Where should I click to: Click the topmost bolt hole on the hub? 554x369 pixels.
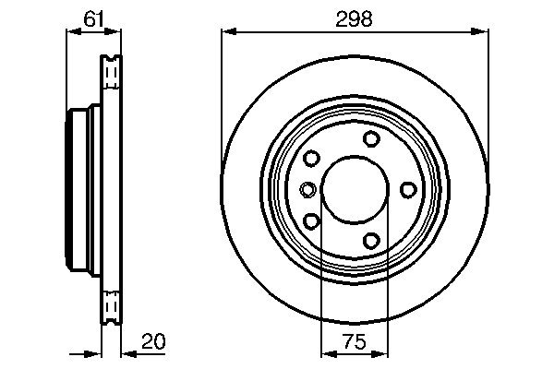pyautogui.click(x=371, y=138)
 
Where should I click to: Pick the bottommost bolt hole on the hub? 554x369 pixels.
pyautogui.click(x=371, y=241)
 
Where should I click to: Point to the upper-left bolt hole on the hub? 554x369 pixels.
pyautogui.click(x=311, y=158)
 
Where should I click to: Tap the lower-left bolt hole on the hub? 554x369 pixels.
pyautogui.click(x=311, y=221)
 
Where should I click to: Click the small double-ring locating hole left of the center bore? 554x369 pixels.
pyautogui.click(x=308, y=190)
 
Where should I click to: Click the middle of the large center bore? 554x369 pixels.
pyautogui.click(x=355, y=190)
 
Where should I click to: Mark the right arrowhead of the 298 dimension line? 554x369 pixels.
pyautogui.click(x=483, y=31)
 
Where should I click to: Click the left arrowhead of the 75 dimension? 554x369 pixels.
pyautogui.click(x=326, y=352)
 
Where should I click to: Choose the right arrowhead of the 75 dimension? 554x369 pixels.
pyautogui.click(x=382, y=352)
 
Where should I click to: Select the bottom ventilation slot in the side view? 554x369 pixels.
pyautogui.click(x=111, y=304)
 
